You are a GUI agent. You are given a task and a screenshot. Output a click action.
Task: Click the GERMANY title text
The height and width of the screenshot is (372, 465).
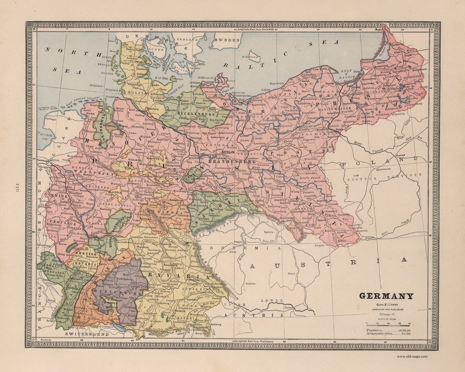pyautogui.click(x=386, y=296)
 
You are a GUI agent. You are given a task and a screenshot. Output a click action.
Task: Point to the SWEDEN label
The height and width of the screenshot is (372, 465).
pyautogui.click(x=227, y=40)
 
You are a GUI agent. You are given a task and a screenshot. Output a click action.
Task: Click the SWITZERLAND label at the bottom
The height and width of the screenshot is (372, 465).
pyautogui.click(x=87, y=334)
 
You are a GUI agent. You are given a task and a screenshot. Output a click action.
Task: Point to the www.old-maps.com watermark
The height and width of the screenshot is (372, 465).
pyautogui.click(x=412, y=356)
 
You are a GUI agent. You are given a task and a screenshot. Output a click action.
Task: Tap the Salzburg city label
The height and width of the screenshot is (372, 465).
pyautogui.click(x=216, y=324)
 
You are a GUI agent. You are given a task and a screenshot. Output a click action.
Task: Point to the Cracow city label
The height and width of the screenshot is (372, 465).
pyautogui.click(x=370, y=238)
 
